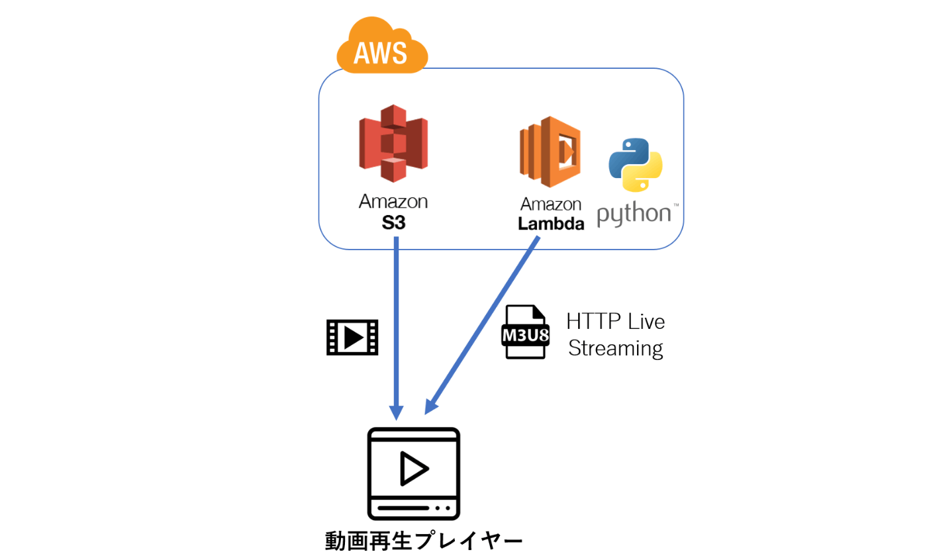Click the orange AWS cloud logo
382,45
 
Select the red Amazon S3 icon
393,143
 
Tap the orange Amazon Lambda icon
550,152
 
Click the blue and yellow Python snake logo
635,165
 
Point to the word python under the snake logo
634,214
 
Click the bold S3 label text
393,223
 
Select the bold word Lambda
551,224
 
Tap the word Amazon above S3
393,201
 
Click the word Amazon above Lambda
551,204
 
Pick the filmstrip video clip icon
352,337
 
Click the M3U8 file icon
525,332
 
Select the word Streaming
615,348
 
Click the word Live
646,322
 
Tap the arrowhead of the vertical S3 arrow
396,412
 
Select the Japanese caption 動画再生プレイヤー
424,541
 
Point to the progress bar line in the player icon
403,508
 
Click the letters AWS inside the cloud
380,53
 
